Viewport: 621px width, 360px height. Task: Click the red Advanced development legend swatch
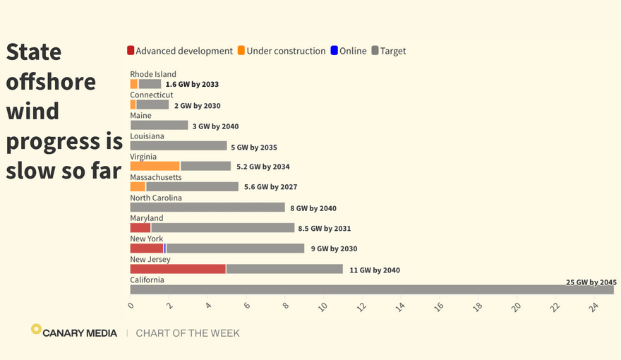click(131, 51)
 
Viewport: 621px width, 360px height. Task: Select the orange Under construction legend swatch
click(241, 51)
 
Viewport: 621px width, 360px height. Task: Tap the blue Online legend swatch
click(335, 51)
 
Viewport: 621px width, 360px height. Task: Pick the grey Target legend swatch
click(375, 51)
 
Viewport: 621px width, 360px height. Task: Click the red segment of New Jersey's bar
click(178, 269)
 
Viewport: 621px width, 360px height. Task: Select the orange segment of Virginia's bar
click(155, 166)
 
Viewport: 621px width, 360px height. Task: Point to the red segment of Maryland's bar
click(140, 228)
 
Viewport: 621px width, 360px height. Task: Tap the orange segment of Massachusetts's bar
click(138, 186)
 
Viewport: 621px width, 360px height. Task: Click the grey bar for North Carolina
click(207, 208)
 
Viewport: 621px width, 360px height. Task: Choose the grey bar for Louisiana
click(179, 146)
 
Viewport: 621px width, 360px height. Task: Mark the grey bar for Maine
click(159, 126)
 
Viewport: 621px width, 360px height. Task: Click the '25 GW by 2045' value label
click(591, 282)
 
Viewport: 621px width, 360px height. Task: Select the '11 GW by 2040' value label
click(374, 270)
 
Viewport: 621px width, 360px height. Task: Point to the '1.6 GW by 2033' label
click(192, 85)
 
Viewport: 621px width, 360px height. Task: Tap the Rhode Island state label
click(153, 74)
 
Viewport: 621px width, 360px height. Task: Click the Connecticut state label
click(151, 95)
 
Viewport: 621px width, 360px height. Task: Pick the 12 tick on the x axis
click(362, 306)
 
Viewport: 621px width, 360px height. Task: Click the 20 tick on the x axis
click(517, 306)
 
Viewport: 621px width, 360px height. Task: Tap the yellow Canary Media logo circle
click(36, 329)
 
